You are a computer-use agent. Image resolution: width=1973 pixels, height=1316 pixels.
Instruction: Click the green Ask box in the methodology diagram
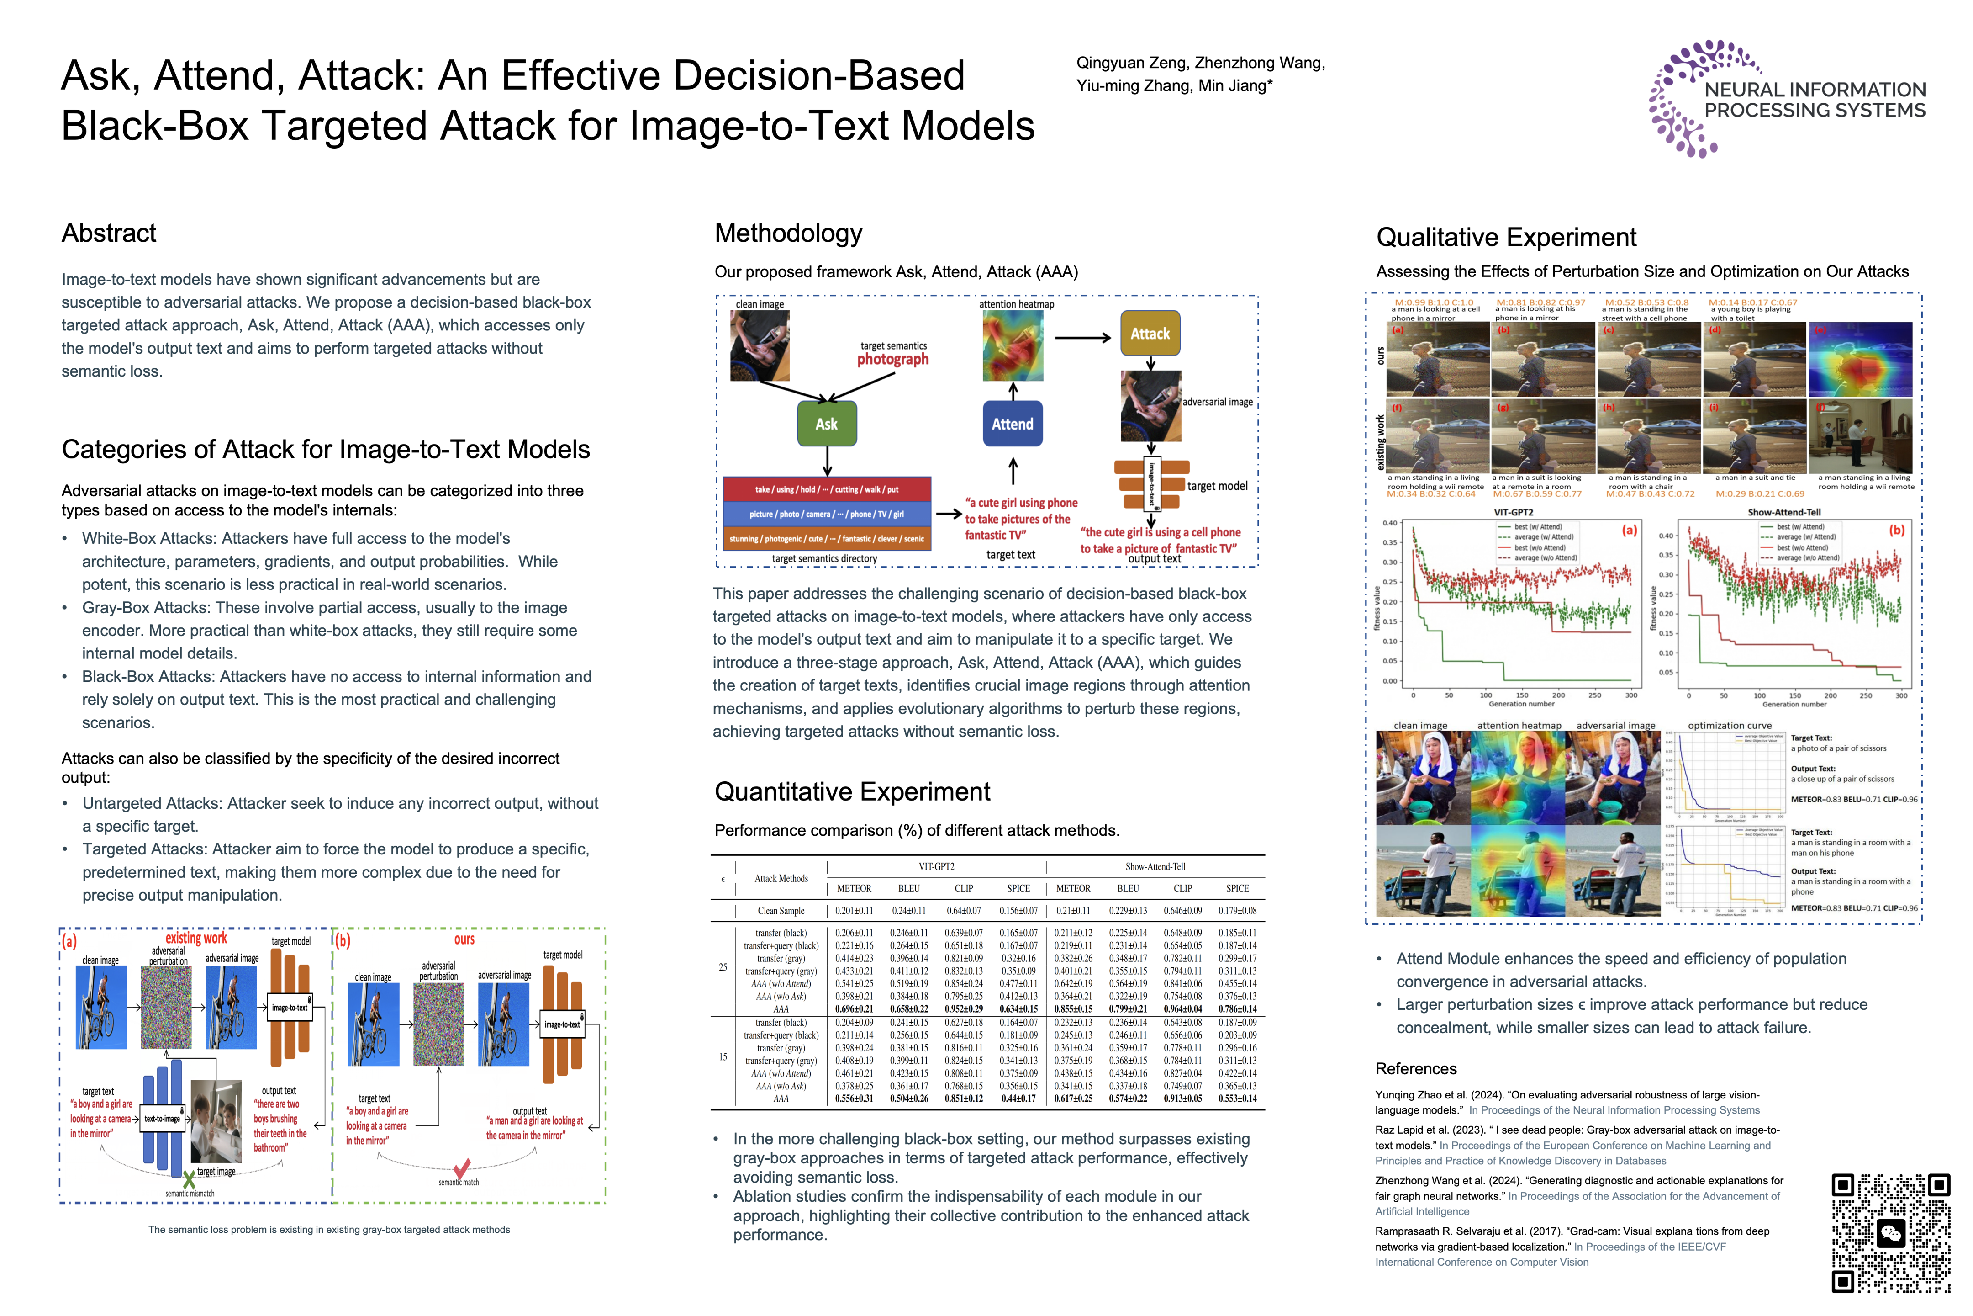point(826,424)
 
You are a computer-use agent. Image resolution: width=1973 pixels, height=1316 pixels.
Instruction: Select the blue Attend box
point(1013,424)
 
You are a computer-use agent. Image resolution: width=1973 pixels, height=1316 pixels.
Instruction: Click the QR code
point(1891,1232)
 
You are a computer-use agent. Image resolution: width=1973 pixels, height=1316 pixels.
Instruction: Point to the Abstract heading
point(109,233)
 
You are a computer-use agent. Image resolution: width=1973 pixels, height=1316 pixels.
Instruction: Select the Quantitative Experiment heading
point(852,791)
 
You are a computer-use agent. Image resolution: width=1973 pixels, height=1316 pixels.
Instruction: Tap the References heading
point(1416,1068)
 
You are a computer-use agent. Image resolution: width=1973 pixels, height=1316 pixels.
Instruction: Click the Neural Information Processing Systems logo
point(1787,99)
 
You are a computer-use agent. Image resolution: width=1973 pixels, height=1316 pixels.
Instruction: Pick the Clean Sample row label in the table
point(781,911)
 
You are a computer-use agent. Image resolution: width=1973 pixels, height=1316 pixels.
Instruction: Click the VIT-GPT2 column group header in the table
point(936,867)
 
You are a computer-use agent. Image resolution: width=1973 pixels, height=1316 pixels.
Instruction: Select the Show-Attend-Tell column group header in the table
point(1155,867)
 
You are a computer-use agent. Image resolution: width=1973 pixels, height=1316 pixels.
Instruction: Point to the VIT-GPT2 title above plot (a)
point(1513,512)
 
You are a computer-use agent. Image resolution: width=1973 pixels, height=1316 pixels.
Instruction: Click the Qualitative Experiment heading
point(1506,238)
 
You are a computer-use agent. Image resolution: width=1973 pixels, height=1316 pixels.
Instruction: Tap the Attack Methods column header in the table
point(781,879)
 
